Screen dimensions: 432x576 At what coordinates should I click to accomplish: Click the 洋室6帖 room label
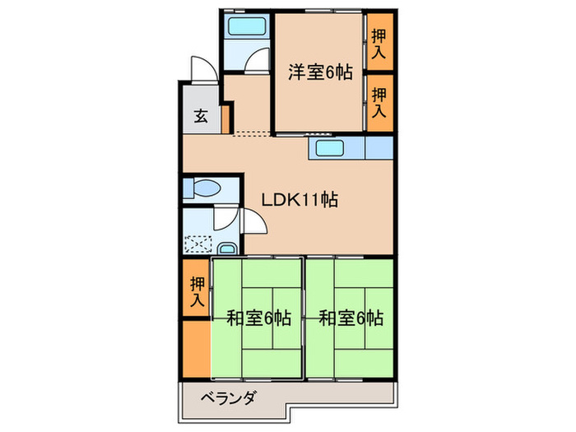coord(320,72)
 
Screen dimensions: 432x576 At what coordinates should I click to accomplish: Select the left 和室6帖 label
coord(259,318)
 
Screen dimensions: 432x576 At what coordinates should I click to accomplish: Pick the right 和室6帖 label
coord(351,318)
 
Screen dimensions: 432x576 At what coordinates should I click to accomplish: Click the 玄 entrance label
coord(201,115)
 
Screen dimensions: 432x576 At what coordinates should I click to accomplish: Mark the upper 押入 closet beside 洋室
coord(379,42)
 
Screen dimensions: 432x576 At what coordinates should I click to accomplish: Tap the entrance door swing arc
coord(200,67)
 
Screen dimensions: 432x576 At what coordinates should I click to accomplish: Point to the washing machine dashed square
coord(199,244)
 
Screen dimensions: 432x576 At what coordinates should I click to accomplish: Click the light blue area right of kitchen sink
coord(378,149)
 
